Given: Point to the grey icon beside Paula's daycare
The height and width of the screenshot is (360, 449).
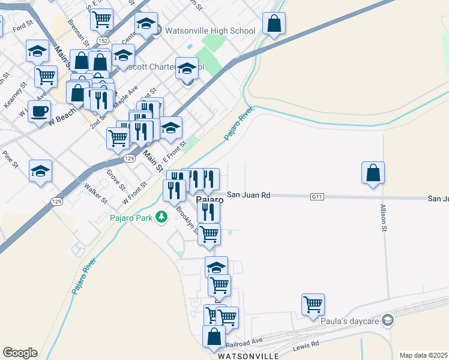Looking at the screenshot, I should [388, 322].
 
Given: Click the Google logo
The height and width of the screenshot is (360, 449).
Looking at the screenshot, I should [20, 353].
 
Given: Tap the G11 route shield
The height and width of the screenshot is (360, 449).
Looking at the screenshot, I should [317, 196].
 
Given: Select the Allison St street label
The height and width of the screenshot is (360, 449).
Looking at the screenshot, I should [384, 218].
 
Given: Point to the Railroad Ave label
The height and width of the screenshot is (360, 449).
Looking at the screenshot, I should [246, 342].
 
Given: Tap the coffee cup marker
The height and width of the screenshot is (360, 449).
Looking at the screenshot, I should [39, 111].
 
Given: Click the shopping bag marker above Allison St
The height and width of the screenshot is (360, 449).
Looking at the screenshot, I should [373, 173].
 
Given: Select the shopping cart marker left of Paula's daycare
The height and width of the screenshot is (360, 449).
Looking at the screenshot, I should [313, 305].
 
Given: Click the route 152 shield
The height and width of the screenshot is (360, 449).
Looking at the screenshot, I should [103, 40].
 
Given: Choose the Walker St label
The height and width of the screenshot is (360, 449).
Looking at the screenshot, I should [96, 192].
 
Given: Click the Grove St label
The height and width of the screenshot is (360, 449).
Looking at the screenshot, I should [112, 178].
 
